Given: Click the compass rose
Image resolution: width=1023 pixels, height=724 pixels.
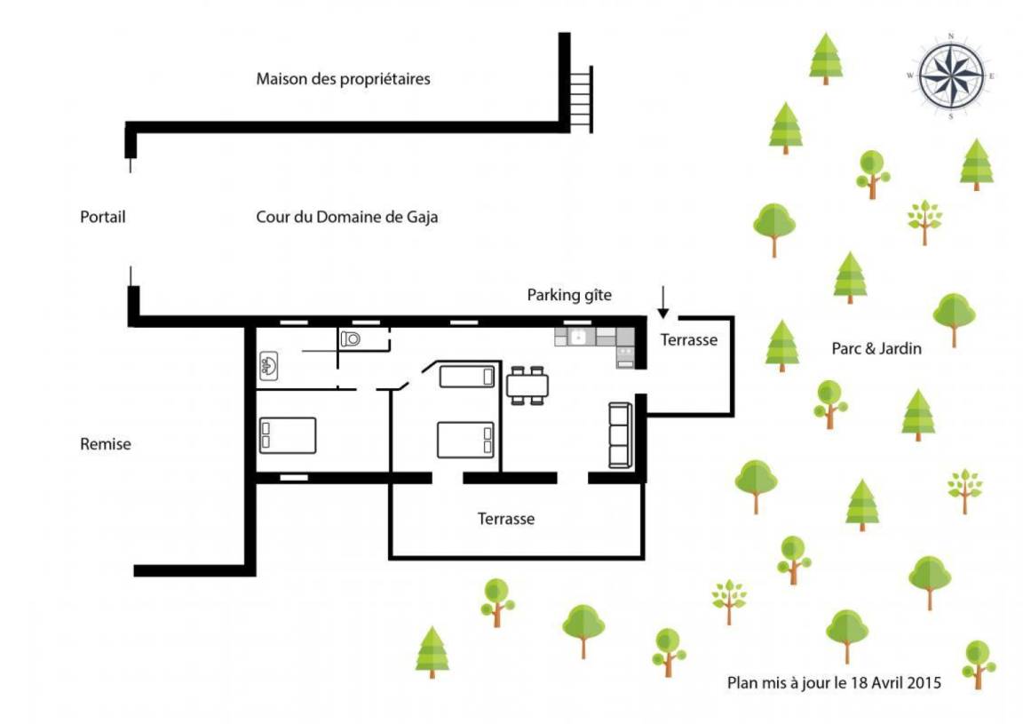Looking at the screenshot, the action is [x=951, y=76].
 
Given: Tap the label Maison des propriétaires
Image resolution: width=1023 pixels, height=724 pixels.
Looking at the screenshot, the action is [x=343, y=79].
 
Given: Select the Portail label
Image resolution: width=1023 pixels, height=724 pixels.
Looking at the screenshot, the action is [x=102, y=217].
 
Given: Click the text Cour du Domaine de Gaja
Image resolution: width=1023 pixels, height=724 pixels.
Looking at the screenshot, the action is [x=346, y=217].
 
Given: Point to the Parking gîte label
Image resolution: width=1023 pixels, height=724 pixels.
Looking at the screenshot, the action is [x=569, y=295].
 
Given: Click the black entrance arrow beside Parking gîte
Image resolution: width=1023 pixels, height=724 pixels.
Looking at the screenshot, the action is [x=662, y=302].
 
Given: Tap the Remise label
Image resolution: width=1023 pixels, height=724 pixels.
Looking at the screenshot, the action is [x=106, y=444].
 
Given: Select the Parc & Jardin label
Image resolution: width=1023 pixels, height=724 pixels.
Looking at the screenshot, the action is [x=876, y=348].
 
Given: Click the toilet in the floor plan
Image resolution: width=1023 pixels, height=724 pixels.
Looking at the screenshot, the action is [x=351, y=338].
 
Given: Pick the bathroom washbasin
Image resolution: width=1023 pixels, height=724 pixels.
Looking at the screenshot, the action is [x=269, y=366].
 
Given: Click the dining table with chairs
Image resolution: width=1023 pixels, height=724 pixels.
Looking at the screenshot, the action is [x=527, y=386].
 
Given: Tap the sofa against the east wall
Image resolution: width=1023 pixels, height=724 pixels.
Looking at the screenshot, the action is [x=620, y=434].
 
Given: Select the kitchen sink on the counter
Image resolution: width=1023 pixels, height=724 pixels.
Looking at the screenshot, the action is [x=576, y=337].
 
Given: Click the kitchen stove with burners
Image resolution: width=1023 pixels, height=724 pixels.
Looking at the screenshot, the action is [x=625, y=357].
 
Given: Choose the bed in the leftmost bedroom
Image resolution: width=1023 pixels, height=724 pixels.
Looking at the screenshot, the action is [x=288, y=435].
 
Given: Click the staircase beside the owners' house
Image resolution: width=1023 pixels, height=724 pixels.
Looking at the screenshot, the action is [x=581, y=99].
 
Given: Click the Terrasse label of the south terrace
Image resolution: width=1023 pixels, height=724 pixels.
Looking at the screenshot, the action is [x=505, y=519].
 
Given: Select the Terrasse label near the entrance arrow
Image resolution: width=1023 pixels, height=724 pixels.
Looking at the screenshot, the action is [x=689, y=340].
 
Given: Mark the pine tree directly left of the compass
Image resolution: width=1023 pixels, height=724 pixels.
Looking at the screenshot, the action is [x=826, y=58].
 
